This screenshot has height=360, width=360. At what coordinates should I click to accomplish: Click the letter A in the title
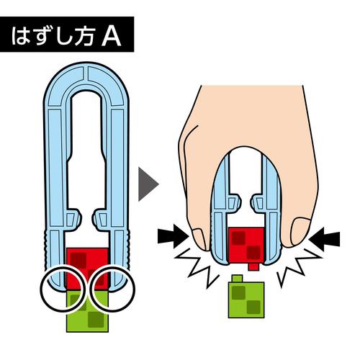pos(111,35)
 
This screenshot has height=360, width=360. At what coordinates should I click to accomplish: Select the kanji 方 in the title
pos(84,35)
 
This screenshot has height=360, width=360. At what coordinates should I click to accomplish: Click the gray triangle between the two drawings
pos(148,184)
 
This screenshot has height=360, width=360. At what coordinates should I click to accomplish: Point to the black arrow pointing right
pos(173,237)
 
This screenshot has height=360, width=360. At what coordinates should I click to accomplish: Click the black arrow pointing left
pos(324,239)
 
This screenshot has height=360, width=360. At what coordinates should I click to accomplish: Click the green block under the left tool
pos(87,311)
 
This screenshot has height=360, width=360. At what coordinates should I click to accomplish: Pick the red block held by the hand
pos(247,246)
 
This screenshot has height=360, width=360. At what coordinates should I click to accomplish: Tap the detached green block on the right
pos(246,300)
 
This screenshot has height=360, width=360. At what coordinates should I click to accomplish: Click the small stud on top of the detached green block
pos(237,279)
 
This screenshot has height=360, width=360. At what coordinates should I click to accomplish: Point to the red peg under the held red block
pos(253,267)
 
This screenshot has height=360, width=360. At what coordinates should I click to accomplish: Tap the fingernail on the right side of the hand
pos(300,231)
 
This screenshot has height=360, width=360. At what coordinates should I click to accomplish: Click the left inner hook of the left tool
pos(73,219)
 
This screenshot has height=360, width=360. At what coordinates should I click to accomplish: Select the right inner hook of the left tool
pos(101,219)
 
